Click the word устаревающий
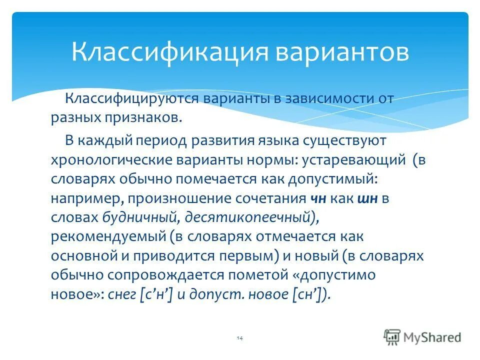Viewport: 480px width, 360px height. click(356, 161)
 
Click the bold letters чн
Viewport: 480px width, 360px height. click(318, 198)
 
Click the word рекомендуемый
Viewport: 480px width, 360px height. click(107, 236)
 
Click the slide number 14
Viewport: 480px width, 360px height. click(239, 338)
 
